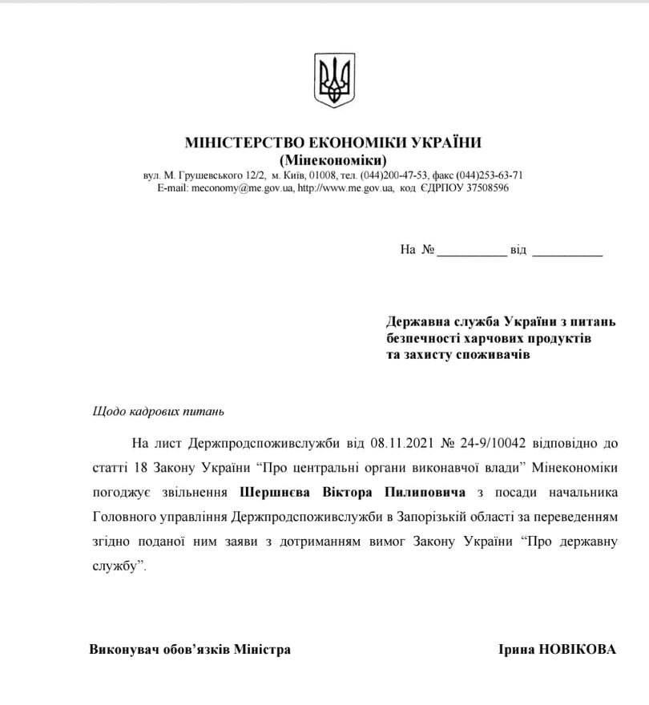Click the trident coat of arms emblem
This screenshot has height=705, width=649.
click(333, 80)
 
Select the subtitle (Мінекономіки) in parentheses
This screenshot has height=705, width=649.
click(333, 159)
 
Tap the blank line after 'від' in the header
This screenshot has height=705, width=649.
click(567, 251)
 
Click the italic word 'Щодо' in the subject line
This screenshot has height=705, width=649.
click(106, 412)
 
